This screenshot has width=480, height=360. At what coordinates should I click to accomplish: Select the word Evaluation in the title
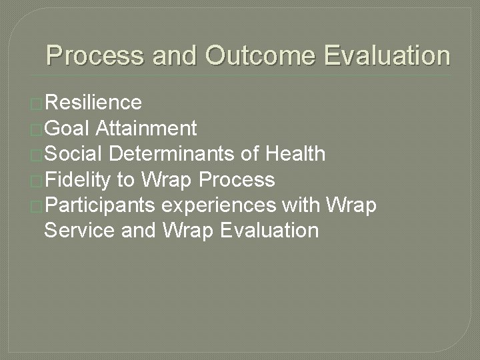(387, 56)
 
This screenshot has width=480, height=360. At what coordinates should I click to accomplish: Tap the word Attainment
(146, 129)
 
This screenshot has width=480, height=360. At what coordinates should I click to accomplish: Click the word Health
(295, 155)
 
